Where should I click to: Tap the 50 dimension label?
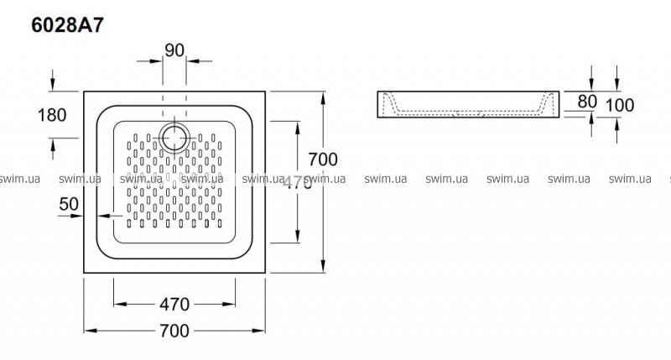click(x=69, y=203)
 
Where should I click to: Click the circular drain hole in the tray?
click(x=174, y=136)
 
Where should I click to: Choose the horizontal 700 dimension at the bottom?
click(x=174, y=331)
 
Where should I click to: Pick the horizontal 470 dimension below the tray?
click(x=174, y=304)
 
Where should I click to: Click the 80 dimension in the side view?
click(x=587, y=102)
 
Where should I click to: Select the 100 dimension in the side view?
click(x=620, y=105)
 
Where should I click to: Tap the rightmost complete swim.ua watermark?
click(x=630, y=179)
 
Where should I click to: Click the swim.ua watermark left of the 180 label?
click(x=21, y=179)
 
